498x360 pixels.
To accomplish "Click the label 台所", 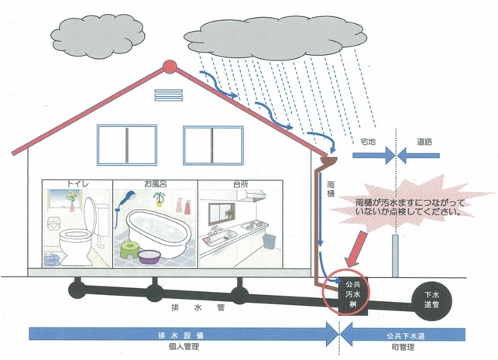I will pyautogui.click(x=230, y=185).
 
